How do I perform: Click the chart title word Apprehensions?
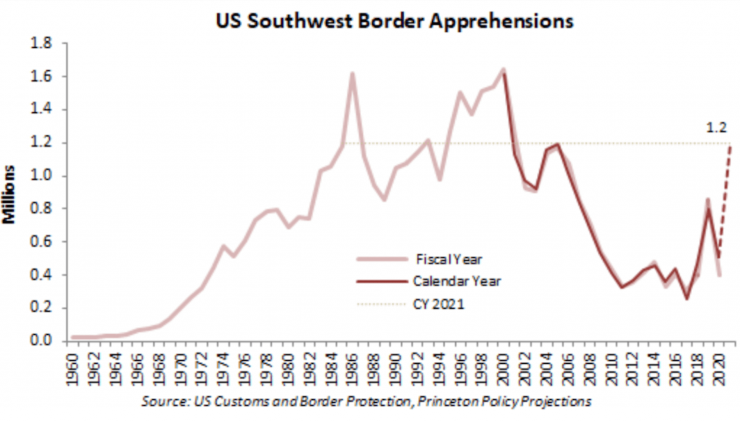point(501,21)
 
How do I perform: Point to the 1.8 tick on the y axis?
point(41,43)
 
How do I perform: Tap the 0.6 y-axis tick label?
point(41,241)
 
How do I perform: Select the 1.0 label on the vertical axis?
point(41,175)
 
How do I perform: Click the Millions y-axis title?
point(9,195)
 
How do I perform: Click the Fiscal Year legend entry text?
point(449,259)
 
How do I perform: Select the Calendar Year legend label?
point(457,281)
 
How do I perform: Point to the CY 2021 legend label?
point(438,304)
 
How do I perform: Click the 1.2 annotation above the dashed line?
point(716,128)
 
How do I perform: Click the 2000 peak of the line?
point(503,70)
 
